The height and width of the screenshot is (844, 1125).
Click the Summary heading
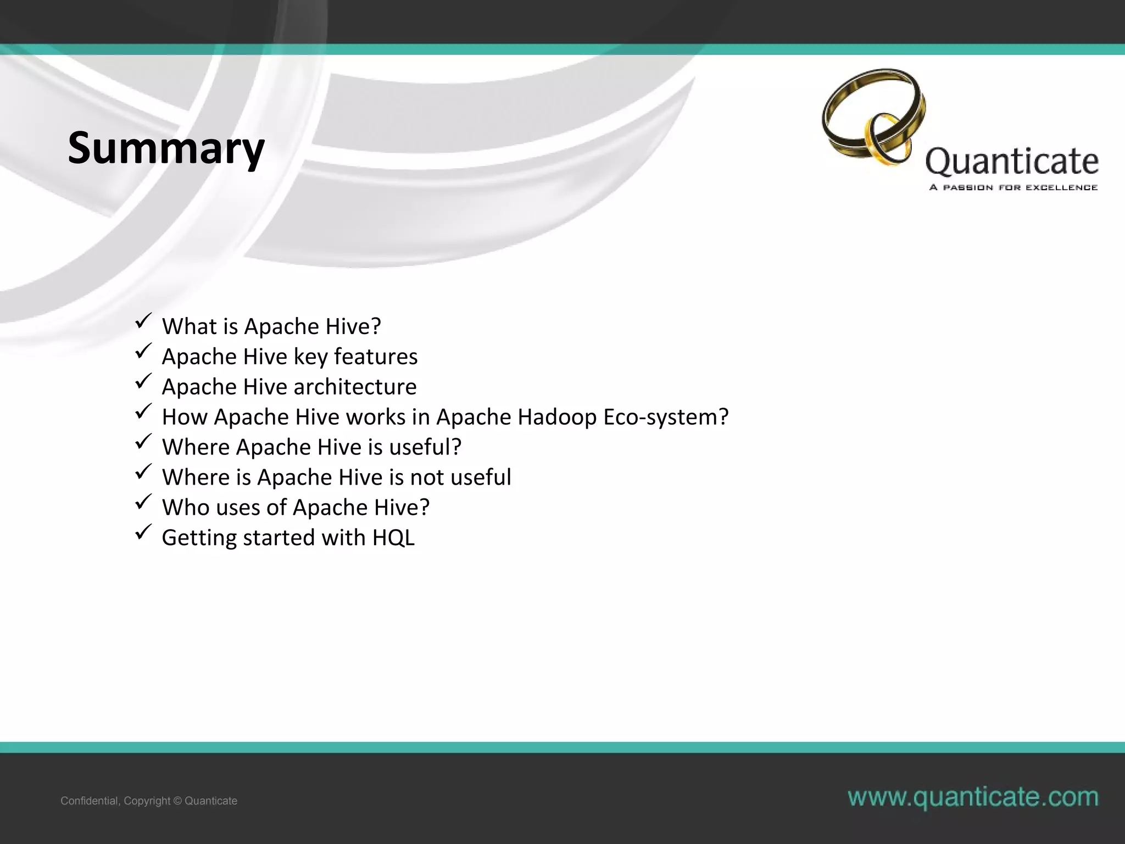click(166, 148)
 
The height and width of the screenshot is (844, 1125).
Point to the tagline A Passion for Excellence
click(1013, 187)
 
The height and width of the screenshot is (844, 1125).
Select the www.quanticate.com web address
click(973, 797)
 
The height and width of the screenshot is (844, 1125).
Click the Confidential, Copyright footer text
click(149, 801)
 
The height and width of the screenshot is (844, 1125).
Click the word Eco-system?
click(666, 417)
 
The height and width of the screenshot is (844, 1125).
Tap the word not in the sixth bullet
click(427, 477)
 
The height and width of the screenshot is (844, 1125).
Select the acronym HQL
click(393, 537)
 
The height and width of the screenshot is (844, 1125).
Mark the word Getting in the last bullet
click(199, 538)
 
